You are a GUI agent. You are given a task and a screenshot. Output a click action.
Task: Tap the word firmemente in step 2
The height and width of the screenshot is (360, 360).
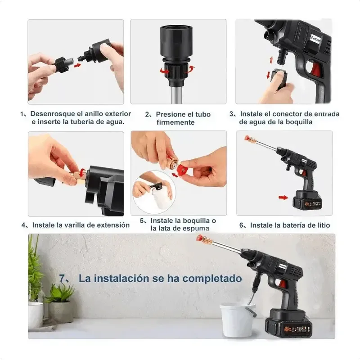[x=175, y=122]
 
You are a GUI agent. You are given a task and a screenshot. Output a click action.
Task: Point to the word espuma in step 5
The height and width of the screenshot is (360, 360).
[x=194, y=229]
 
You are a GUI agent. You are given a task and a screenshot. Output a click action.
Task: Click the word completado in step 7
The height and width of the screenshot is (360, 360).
[x=212, y=279]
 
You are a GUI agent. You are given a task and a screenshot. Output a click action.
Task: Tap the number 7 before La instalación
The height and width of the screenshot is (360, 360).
[x=62, y=278]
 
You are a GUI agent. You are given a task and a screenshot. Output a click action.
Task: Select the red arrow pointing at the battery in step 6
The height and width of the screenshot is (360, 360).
[x=283, y=198]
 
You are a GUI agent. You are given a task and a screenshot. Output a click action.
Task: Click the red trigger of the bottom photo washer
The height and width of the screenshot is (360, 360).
[x=283, y=284]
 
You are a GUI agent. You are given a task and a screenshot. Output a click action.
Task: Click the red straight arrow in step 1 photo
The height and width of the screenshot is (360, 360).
[x=77, y=65]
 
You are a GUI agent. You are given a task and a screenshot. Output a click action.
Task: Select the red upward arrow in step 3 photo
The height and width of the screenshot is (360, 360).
[x=271, y=60]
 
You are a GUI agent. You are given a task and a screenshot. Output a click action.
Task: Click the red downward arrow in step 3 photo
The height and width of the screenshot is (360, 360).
[x=268, y=75]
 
